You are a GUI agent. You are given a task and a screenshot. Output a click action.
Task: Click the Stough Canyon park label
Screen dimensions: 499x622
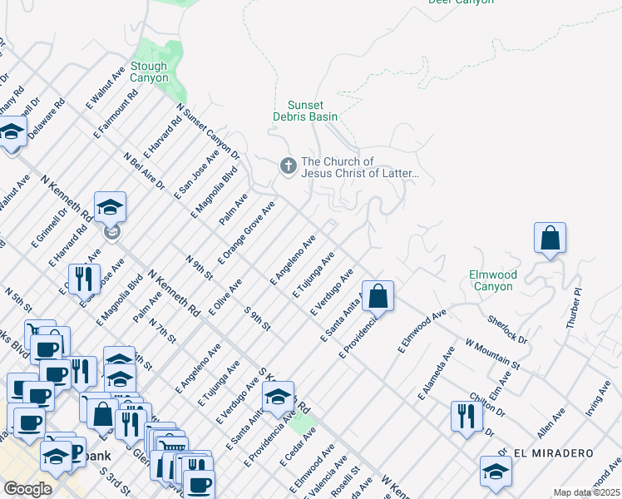click(149, 72)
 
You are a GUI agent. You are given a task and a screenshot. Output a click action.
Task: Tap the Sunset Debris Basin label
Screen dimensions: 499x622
click(312, 111)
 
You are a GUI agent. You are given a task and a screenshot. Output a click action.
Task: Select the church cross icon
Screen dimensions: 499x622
click(288, 167)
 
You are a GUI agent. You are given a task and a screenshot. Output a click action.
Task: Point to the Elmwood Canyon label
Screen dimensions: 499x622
click(493, 280)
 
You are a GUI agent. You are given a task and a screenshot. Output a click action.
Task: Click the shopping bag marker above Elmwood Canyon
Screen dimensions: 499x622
click(550, 238)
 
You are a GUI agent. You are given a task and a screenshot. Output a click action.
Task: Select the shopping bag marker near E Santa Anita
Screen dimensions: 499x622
click(377, 295)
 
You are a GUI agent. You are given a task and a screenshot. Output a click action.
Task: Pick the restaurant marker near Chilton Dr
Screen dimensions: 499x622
click(466, 415)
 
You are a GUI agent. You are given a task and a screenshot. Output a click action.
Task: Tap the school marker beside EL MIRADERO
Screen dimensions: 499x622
click(496, 471)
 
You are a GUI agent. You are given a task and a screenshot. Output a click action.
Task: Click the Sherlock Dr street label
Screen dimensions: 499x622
click(507, 329)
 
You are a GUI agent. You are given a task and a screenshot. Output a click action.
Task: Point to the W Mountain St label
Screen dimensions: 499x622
click(492, 353)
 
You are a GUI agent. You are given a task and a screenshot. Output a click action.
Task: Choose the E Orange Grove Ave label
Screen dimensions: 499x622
click(246, 230)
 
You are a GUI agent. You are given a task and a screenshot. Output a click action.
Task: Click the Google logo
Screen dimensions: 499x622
click(27, 488)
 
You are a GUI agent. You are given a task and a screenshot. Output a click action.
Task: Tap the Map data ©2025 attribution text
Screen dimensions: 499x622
click(586, 492)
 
